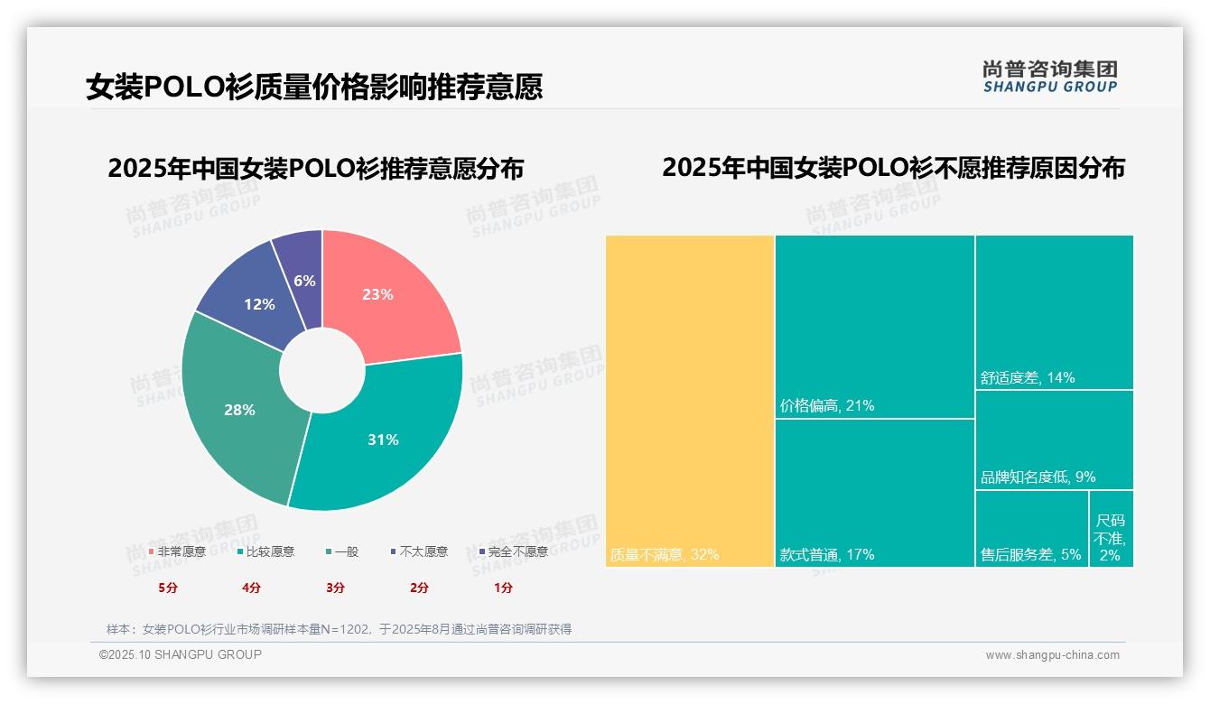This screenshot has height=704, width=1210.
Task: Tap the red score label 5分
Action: point(168,588)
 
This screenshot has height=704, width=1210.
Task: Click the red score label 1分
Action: point(503,588)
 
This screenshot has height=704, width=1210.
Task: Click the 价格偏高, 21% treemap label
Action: point(827,406)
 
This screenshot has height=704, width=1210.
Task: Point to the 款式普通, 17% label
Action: point(827,555)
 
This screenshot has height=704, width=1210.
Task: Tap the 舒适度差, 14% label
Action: point(1028,378)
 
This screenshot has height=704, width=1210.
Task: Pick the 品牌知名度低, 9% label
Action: point(1038,477)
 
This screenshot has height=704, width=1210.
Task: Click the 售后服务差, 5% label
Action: point(1031,555)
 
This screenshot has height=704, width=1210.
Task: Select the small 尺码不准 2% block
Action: point(1111,538)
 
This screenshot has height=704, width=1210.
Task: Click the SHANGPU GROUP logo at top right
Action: point(1050,77)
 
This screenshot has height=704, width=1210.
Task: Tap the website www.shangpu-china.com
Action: point(1052,655)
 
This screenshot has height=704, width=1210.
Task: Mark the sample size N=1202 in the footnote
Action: point(343,629)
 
